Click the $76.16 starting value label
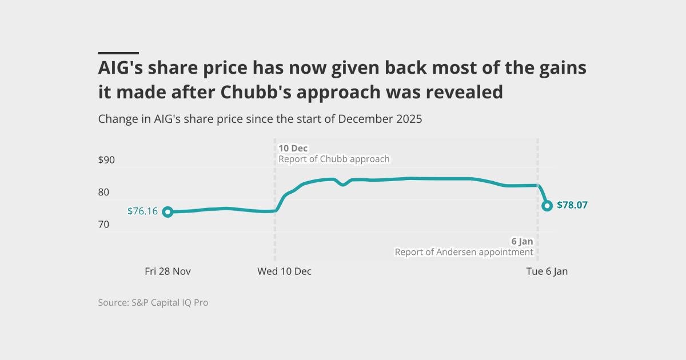tap(142, 211)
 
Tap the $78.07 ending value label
tap(572, 205)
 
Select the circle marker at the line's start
tap(167, 212)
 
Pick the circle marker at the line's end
tap(547, 206)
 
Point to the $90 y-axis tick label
tap(106, 160)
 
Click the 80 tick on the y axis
tap(103, 192)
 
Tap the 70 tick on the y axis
tap(103, 225)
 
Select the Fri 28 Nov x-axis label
tap(167, 271)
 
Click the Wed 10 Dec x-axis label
tap(284, 271)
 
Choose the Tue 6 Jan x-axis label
tap(547, 271)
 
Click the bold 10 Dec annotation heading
tap(293, 149)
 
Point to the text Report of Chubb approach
tap(334, 159)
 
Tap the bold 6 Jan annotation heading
tap(522, 242)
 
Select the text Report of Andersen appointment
tap(464, 252)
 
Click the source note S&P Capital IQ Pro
tap(170, 302)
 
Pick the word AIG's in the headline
tap(121, 67)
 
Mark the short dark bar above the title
tap(118, 53)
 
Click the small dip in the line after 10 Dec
tap(342, 184)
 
